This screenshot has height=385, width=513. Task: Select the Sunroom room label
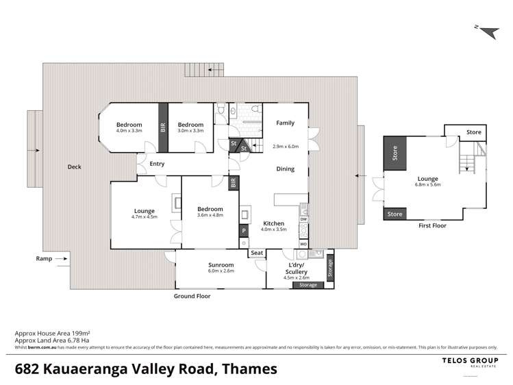point(221,264)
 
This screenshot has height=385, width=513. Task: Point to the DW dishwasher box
point(303,219)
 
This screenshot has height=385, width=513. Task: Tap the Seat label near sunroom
point(257,253)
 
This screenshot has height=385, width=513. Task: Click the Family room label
point(285,123)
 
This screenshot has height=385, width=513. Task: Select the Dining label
point(285,169)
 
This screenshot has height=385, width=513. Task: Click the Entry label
point(157,164)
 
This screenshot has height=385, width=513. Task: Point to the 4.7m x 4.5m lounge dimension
point(145,217)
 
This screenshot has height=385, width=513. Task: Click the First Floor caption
point(432,225)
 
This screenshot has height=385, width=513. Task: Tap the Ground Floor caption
point(192,297)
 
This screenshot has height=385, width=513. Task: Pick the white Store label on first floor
point(473,132)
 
